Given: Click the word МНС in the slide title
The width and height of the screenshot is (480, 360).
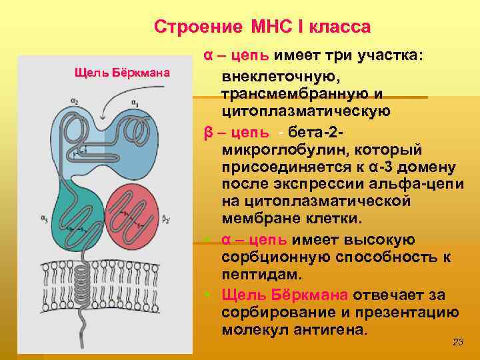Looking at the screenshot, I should pyautogui.click(x=270, y=27).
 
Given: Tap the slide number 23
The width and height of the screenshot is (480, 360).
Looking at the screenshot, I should pyautogui.click(x=457, y=342).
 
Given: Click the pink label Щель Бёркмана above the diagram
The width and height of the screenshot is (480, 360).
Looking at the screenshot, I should pyautogui.click(x=121, y=72).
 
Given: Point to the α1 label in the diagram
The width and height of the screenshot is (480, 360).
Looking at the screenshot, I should pyautogui.click(x=135, y=103).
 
